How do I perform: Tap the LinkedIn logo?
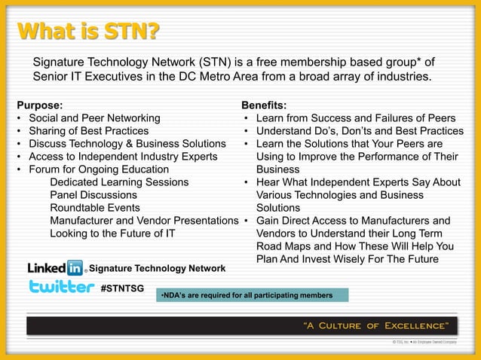tap(56, 267)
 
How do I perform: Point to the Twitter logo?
tap(61, 286)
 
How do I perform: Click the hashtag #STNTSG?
tap(122, 288)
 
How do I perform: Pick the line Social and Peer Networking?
tap(93, 118)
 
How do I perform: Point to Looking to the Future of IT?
tap(112, 233)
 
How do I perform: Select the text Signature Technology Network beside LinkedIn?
tap(157, 268)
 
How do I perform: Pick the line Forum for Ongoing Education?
tap(98, 169)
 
